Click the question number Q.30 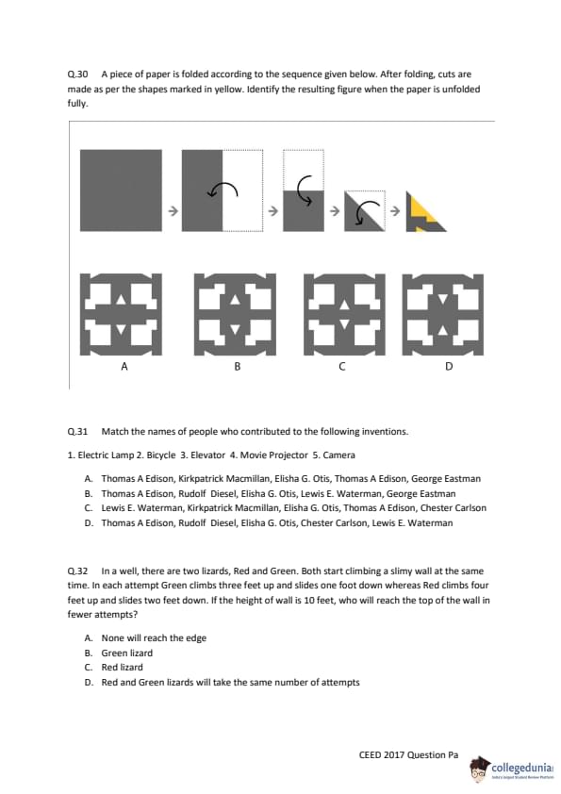tap(77, 74)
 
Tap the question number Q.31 tap(77, 432)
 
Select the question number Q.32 tap(77, 571)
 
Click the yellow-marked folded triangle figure tap(426, 211)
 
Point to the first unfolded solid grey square tap(121, 190)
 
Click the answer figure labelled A tap(121, 314)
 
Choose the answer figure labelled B tap(235, 314)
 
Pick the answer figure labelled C tap(344, 314)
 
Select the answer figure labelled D tap(443, 314)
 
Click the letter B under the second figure tap(237, 366)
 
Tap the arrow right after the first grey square tap(173, 211)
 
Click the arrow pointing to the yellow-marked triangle tap(395, 211)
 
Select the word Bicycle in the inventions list tap(161, 455)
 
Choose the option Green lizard tap(126, 653)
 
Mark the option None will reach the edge tap(154, 638)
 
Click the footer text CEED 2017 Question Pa tap(408, 754)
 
